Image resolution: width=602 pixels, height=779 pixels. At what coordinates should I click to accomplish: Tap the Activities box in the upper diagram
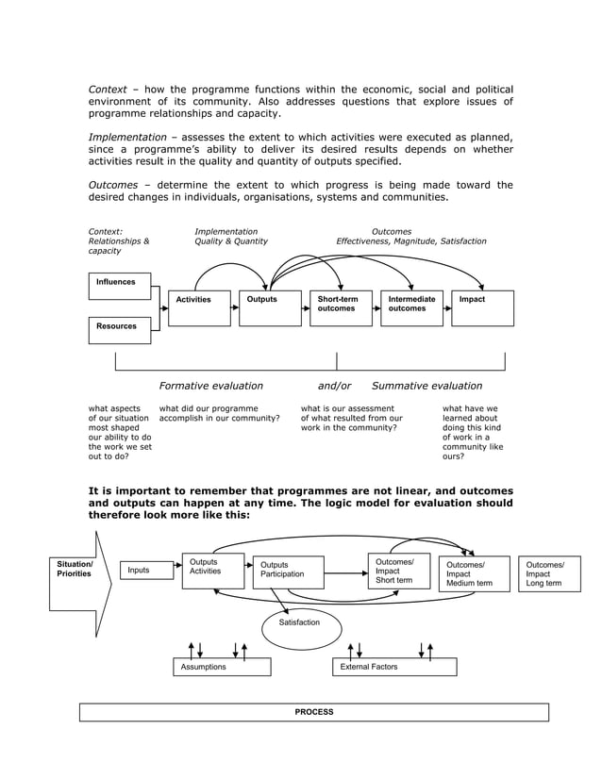[199, 308]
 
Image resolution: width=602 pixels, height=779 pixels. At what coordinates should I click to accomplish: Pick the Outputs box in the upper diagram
[270, 308]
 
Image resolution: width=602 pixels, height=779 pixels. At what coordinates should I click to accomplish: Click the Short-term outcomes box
[341, 308]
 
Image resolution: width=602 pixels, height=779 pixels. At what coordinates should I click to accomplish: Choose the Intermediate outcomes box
[411, 308]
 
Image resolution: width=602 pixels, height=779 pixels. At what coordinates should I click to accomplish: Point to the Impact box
[482, 308]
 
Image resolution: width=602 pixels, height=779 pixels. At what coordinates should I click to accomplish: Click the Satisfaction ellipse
[299, 624]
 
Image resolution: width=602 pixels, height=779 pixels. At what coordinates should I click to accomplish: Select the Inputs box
[147, 570]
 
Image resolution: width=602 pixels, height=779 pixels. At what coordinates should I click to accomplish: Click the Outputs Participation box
[288, 572]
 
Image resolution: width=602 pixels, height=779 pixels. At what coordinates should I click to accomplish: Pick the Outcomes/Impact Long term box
[549, 573]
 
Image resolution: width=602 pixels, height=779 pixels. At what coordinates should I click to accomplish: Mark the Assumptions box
[222, 667]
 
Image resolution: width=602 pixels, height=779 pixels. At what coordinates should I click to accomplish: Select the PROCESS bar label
[313, 712]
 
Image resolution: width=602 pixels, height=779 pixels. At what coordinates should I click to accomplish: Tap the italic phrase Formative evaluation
[210, 386]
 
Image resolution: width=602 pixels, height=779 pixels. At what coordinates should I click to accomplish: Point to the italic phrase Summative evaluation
[426, 386]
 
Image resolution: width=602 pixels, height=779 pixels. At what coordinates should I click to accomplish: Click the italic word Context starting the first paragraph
[108, 90]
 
